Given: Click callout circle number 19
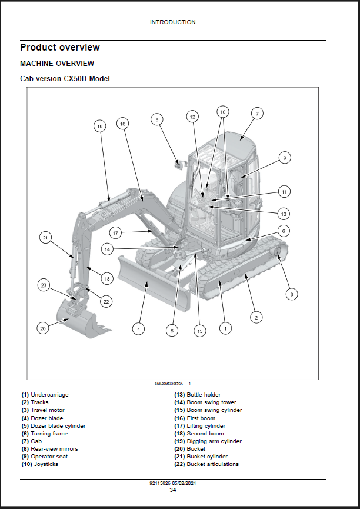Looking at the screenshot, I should pos(99,126).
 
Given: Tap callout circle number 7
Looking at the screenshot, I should pos(257,113).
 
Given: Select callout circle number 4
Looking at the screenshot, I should pos(138,329).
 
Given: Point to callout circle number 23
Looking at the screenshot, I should pos(43,285).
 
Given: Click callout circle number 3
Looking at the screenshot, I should pos(291,293).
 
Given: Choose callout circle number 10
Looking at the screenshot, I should pos(222,111).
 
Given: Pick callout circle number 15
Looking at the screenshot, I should pos(199,331).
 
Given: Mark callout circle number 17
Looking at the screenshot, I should pos(115,233).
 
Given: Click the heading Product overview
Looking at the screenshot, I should pos(60,48).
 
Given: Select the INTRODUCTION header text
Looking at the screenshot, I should pos(172,22).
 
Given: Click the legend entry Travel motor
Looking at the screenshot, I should pos(48,410).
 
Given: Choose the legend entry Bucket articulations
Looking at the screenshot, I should pos(212,464).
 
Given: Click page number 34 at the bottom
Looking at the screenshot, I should pos(172,490).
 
